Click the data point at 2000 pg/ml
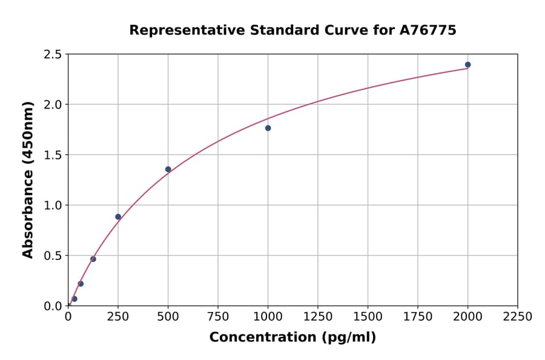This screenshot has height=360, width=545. pos(467,65)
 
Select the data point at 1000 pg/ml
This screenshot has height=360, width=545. pos(268,128)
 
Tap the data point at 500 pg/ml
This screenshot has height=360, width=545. pos(168,169)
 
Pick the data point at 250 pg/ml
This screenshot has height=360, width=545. pos(118,217)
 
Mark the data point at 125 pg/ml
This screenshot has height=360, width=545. pos(93,259)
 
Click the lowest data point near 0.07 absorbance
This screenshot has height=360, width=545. pos(74,299)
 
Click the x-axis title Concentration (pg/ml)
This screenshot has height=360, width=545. pos(292,338)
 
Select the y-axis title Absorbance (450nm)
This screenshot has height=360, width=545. pos(28,180)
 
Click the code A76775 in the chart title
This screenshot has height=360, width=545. pos(428,30)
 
